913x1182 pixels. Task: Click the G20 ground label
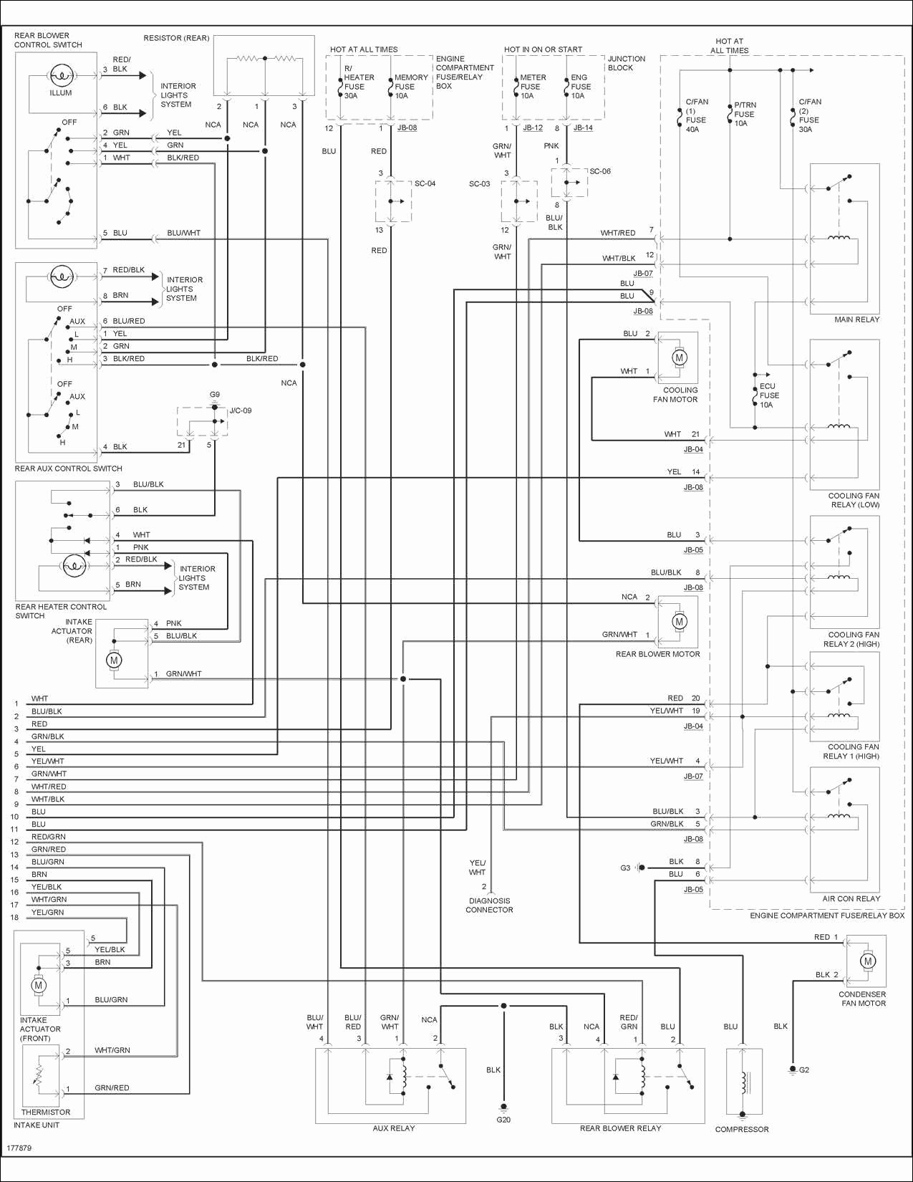point(503,1120)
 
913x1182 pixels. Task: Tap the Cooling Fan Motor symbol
point(679,357)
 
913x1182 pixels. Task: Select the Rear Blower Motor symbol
point(679,621)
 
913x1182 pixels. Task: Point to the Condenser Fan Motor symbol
point(867,961)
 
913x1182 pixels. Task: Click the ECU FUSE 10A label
point(769,395)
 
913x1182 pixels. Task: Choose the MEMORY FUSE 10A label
point(410,87)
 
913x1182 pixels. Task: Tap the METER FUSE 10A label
point(532,87)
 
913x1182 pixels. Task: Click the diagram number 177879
point(19,1148)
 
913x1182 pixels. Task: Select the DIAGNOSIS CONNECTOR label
point(489,905)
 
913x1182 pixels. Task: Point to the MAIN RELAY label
point(856,319)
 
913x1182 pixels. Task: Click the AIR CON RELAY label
point(851,898)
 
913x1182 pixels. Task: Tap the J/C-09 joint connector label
point(241,410)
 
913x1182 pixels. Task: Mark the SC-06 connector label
point(600,171)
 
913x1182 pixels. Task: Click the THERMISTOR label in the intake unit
point(46,1112)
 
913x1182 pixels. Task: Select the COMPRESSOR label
point(742,1129)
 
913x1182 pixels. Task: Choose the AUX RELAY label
point(394,1128)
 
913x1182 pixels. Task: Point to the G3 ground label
point(625,868)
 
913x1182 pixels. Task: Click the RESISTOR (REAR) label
point(176,38)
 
